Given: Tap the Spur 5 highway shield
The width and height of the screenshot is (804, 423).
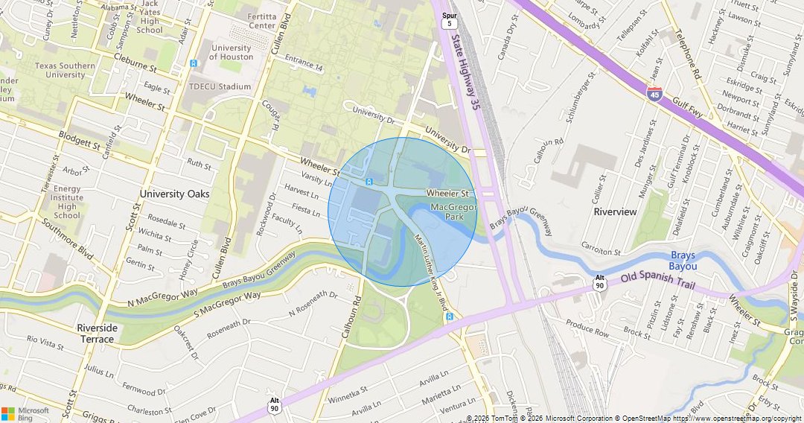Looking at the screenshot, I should pos(449,20).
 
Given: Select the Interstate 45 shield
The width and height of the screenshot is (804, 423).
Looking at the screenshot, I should pos(654,92).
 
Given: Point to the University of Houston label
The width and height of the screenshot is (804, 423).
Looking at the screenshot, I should pos(231,52).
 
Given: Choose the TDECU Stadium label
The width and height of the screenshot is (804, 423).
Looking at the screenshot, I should pos(220,86).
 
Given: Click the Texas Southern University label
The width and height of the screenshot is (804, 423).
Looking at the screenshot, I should pos(65,70).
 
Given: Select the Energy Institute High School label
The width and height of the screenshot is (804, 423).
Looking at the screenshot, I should pos(67,202).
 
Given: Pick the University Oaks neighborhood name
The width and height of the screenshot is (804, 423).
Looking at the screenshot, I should pos(174,194).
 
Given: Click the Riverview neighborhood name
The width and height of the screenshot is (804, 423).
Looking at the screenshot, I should pos(615,211).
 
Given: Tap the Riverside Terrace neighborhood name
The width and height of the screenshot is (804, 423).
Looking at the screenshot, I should pos(97,334).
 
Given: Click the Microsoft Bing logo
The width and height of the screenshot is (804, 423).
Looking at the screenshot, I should pos(25,413).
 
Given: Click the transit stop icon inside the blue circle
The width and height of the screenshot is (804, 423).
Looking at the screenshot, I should pos(368,182).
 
